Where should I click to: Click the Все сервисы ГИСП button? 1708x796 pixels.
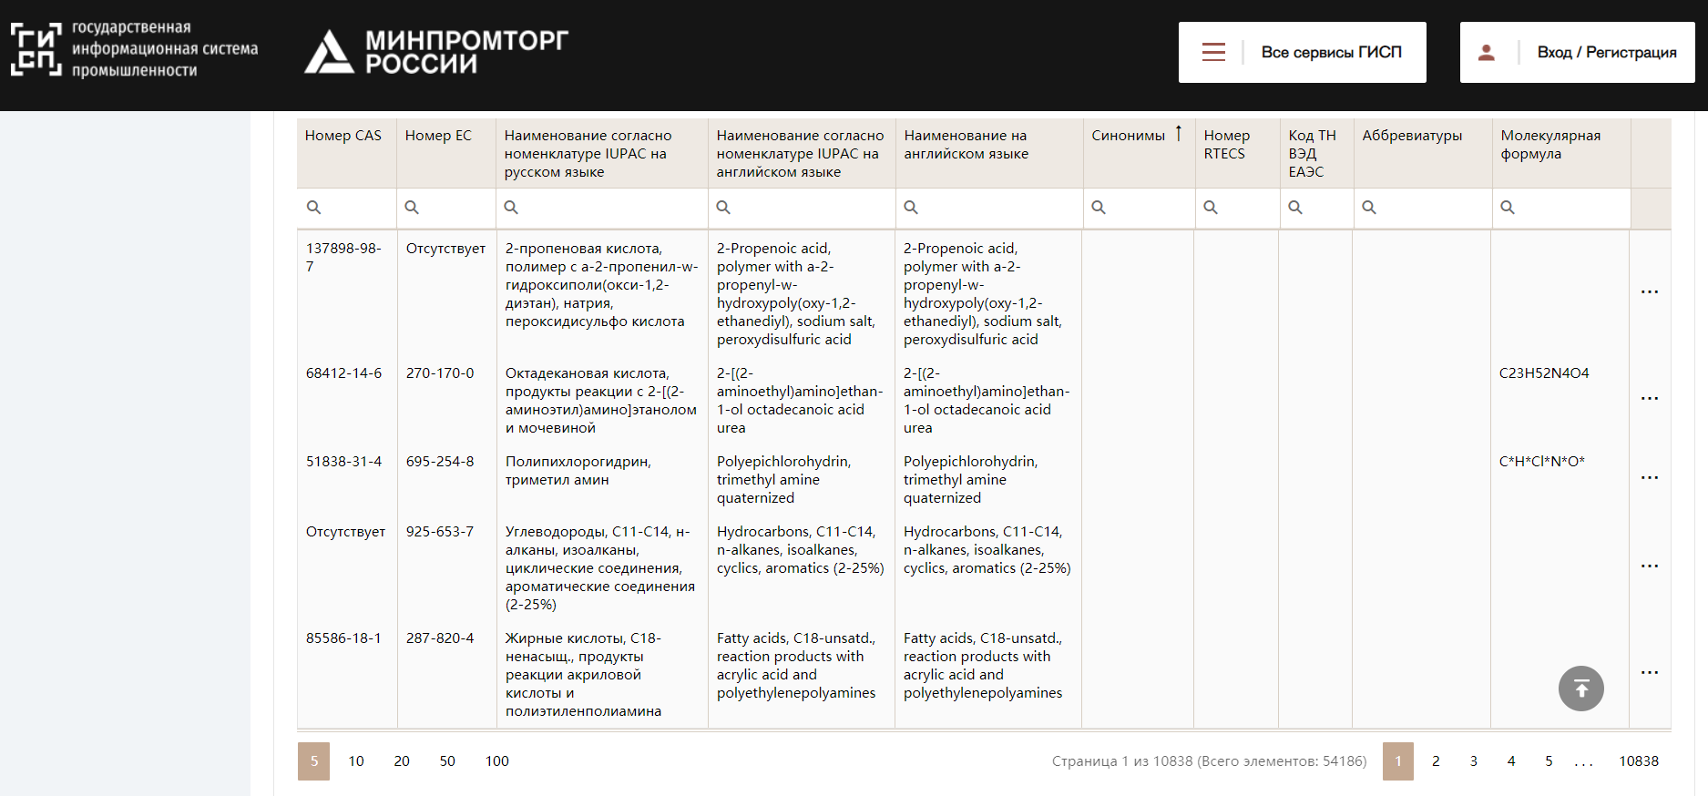pyautogui.click(x=1302, y=53)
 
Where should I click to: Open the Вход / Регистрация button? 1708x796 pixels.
pyautogui.click(x=1577, y=53)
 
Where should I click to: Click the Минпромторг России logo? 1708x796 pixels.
pyautogui.click(x=436, y=51)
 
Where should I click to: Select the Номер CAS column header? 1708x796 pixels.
pyautogui.click(x=343, y=136)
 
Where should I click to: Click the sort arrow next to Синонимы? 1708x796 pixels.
pyautogui.click(x=1178, y=134)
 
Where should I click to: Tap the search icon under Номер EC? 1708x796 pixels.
pyautogui.click(x=412, y=208)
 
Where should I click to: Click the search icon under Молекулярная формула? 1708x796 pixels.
pyautogui.click(x=1508, y=208)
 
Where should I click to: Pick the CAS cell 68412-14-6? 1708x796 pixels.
pyautogui.click(x=344, y=373)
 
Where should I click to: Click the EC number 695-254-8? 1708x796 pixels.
pyautogui.click(x=440, y=462)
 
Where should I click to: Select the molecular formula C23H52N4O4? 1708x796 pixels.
pyautogui.click(x=1544, y=373)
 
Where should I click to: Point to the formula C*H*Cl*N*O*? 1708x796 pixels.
pyautogui.click(x=1542, y=462)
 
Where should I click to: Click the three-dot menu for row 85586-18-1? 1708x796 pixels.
pyautogui.click(x=1650, y=673)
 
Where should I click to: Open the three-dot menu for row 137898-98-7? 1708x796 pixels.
pyautogui.click(x=1650, y=292)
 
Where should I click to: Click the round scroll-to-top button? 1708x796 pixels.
pyautogui.click(x=1581, y=689)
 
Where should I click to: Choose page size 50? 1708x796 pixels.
pyautogui.click(x=447, y=761)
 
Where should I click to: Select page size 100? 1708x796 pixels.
pyautogui.click(x=497, y=761)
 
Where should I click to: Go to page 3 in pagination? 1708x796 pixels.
pyautogui.click(x=1474, y=761)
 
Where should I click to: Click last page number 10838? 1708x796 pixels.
pyautogui.click(x=1639, y=761)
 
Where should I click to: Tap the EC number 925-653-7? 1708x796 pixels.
pyautogui.click(x=440, y=532)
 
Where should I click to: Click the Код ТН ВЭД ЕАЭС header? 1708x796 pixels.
pyautogui.click(x=1313, y=153)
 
